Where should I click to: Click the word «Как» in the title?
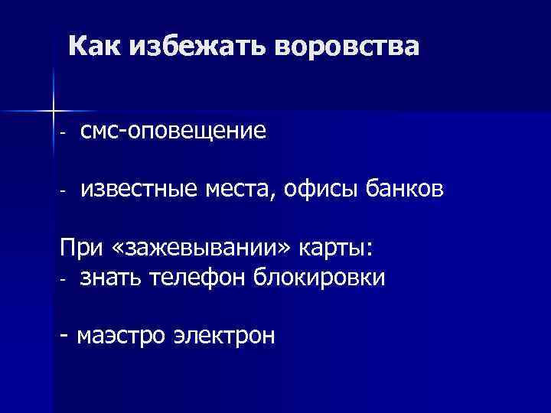(x=94, y=47)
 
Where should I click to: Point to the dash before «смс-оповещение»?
(x=65, y=133)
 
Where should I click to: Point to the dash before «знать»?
(x=65, y=279)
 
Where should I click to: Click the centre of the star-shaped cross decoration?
(x=54, y=110)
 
